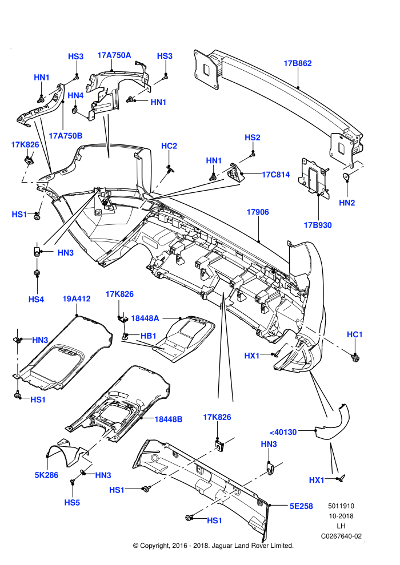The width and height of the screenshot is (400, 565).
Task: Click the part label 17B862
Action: tap(298, 63)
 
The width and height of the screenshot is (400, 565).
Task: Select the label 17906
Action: tap(258, 212)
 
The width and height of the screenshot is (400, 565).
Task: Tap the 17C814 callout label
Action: tap(275, 175)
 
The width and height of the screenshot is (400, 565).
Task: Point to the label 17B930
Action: tap(318, 225)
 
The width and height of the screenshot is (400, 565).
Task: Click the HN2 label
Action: tap(347, 203)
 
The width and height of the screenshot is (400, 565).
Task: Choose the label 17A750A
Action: tap(114, 55)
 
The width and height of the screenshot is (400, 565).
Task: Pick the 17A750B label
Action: tap(66, 136)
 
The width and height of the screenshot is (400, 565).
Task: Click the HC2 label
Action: tap(169, 146)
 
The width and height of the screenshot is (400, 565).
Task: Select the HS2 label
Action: tap(253, 138)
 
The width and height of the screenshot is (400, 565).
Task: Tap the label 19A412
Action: tap(77, 298)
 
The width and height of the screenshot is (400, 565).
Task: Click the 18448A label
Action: tap(145, 318)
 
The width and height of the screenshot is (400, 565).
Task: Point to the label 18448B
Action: tap(169, 419)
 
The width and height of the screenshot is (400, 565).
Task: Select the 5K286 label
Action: tap(46, 475)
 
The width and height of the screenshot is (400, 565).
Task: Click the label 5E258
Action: tap(301, 506)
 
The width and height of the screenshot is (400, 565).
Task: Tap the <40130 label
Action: tap(283, 432)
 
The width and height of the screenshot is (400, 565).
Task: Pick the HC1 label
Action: tap(354, 335)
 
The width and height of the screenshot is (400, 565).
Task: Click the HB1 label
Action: tap(148, 336)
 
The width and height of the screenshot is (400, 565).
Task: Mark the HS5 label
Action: tap(72, 503)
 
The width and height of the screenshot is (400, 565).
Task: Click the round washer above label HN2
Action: tap(347, 176)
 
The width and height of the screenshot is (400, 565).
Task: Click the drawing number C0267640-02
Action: tap(341, 536)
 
